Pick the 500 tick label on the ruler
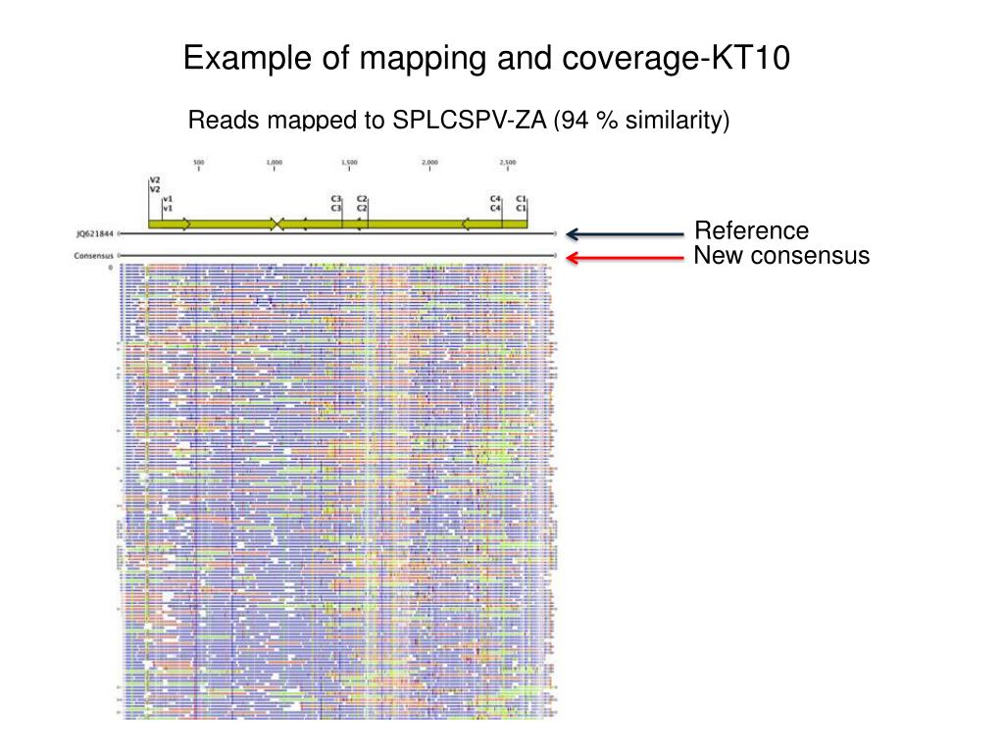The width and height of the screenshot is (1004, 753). click(x=198, y=162)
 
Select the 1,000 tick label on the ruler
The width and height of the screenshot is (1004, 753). click(x=275, y=162)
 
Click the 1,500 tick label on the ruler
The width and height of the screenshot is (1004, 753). click(x=349, y=162)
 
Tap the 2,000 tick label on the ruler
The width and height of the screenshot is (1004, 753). click(x=429, y=162)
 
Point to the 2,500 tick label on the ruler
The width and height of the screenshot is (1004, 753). click(x=508, y=162)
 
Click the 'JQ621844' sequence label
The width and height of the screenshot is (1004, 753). click(x=95, y=234)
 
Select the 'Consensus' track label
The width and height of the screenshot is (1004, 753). click(x=93, y=257)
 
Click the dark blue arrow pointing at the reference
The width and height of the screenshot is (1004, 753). click(x=624, y=234)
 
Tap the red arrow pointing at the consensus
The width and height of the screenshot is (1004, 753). click(x=624, y=257)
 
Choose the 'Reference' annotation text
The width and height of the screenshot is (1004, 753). click(x=752, y=231)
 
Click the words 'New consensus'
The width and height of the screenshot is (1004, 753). click(x=781, y=256)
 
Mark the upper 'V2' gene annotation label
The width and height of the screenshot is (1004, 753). click(x=154, y=180)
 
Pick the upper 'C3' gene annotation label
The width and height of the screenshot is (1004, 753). click(x=336, y=199)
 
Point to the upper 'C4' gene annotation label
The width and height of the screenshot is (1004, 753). click(x=495, y=199)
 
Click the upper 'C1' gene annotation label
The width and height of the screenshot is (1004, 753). click(x=522, y=199)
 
